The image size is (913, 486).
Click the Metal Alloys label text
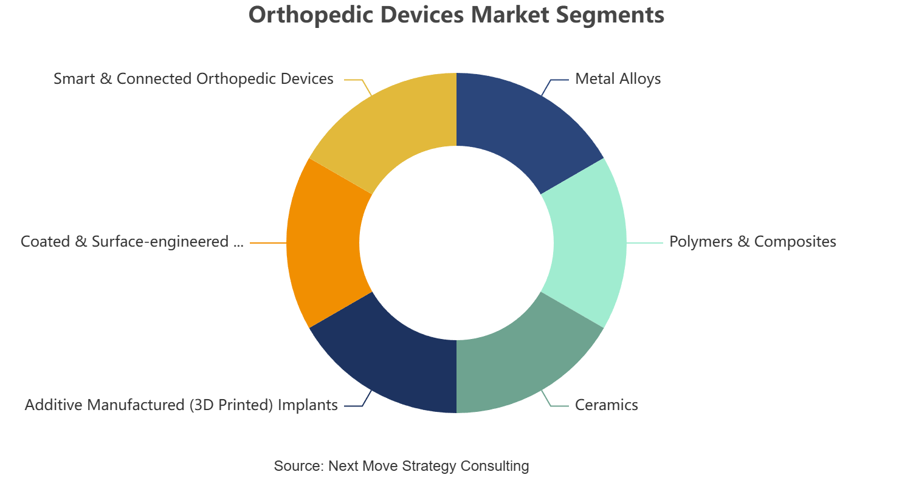(x=618, y=79)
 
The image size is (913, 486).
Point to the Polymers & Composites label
(x=753, y=242)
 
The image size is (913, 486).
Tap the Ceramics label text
(x=607, y=405)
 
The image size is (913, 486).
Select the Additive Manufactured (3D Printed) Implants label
(x=181, y=405)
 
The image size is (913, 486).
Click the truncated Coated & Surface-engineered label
(x=132, y=242)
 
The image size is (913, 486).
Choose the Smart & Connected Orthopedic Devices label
(x=194, y=79)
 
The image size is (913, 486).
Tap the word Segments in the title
(x=610, y=15)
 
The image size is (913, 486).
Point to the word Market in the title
(x=510, y=15)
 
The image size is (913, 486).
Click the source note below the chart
(x=401, y=465)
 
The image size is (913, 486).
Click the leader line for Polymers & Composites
(x=645, y=243)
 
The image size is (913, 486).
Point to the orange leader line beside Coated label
(x=268, y=243)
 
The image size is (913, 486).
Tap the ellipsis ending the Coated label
(x=238, y=245)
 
